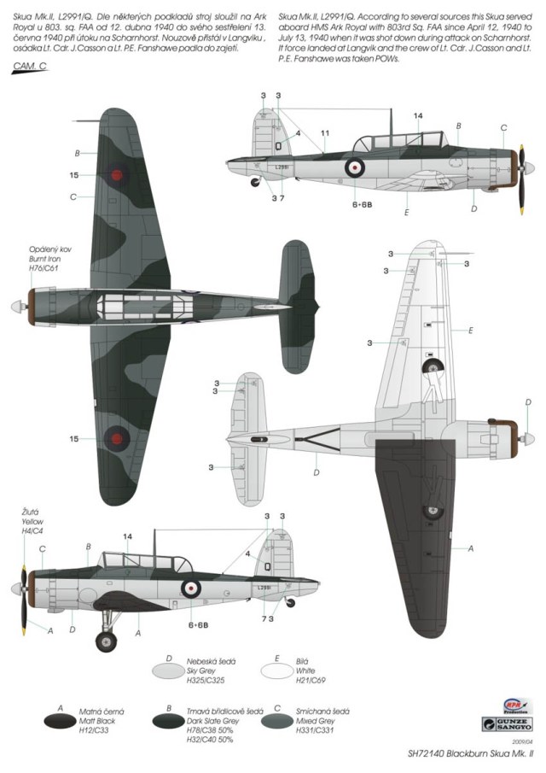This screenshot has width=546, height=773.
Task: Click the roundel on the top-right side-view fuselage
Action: click(x=355, y=167)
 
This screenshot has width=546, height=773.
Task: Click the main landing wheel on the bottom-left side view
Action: click(x=106, y=641)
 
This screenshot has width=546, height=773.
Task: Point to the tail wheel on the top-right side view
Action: click(x=255, y=181)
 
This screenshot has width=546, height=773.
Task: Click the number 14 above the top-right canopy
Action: click(x=418, y=115)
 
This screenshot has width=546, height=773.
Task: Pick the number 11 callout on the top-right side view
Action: click(x=325, y=132)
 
